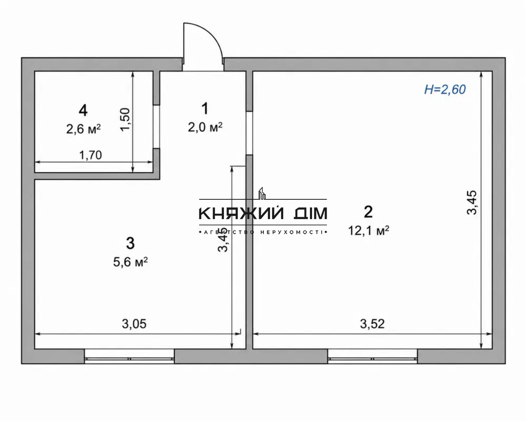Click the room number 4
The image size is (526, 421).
83,110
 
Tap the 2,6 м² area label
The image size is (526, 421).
83,129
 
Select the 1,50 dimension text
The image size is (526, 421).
125,120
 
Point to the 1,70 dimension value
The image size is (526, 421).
91,155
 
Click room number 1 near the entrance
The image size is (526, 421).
205,109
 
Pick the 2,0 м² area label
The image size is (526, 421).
205,127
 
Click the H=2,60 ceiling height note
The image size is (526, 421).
445,89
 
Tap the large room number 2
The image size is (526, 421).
368,212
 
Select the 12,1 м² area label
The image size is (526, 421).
369,230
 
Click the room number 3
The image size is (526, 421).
130,244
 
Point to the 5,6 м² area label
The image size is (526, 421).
130,262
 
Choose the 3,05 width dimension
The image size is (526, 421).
134,324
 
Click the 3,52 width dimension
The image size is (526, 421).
372,324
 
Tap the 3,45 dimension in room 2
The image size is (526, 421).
472,202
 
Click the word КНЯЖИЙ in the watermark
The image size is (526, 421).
241,213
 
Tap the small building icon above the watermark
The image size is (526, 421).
262,193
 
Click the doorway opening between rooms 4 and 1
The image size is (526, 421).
156,127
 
